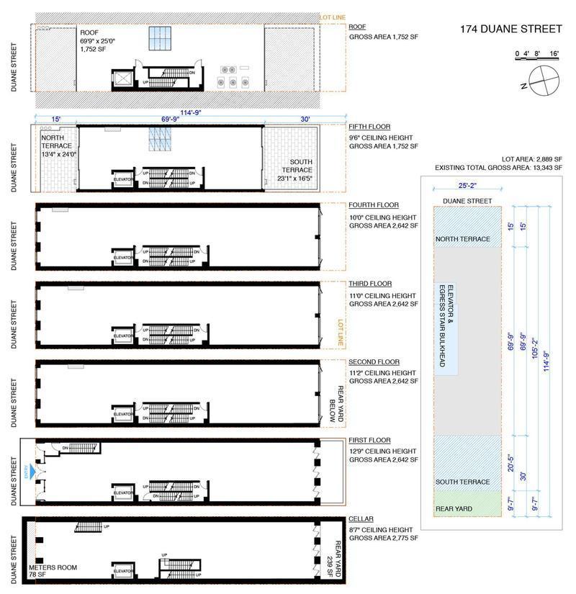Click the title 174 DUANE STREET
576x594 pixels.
[510, 30]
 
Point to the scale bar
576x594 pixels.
[537, 54]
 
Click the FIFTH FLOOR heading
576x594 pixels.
[369, 127]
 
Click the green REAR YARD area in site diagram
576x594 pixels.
[467, 508]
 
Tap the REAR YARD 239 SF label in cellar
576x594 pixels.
[336, 558]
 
